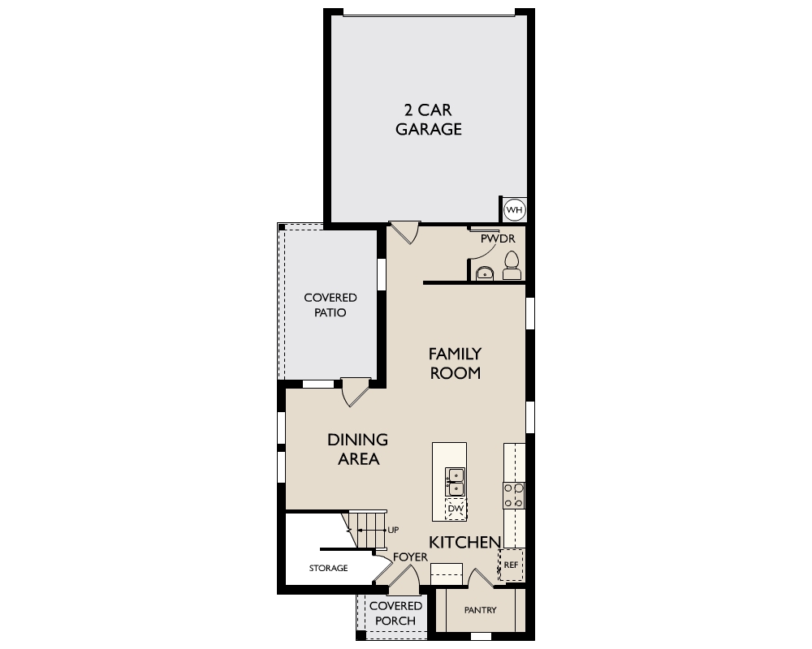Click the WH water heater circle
pyautogui.click(x=514, y=209)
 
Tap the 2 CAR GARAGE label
pyautogui.click(x=428, y=119)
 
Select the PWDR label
pyautogui.click(x=498, y=239)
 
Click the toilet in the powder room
pyautogui.click(x=512, y=266)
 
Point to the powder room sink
pyautogui.click(x=484, y=273)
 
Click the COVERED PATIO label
pyautogui.click(x=330, y=305)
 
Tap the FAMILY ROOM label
pyautogui.click(x=456, y=363)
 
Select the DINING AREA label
pyautogui.click(x=358, y=449)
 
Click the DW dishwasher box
pyautogui.click(x=456, y=509)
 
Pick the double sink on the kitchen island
pyautogui.click(x=456, y=481)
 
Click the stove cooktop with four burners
pyautogui.click(x=514, y=496)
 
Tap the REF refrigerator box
pyautogui.click(x=511, y=565)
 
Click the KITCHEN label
pyautogui.click(x=465, y=543)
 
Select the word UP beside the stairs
pyautogui.click(x=393, y=530)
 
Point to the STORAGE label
pyautogui.click(x=328, y=568)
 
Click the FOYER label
pyautogui.click(x=410, y=557)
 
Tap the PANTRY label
pyautogui.click(x=480, y=610)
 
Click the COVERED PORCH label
pyautogui.click(x=395, y=613)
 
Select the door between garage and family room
pyautogui.click(x=404, y=232)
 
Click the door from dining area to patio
pyautogui.click(x=356, y=392)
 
